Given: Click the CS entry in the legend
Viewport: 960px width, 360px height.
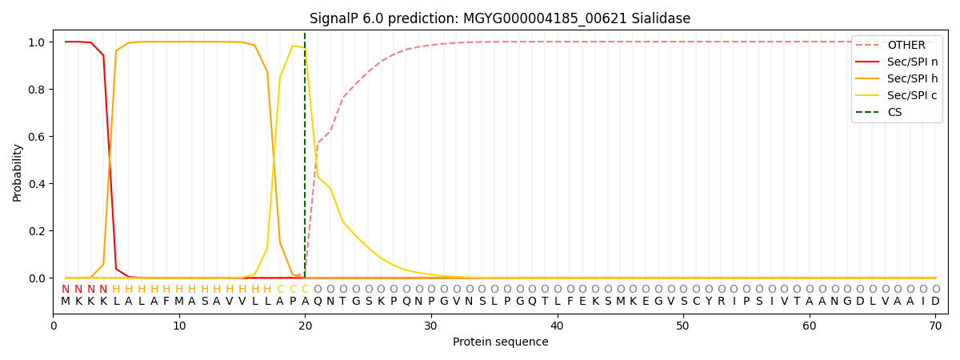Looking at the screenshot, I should (x=894, y=112).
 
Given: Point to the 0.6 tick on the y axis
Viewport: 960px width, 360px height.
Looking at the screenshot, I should (x=36, y=136).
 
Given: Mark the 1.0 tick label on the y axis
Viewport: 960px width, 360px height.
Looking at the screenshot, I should (x=36, y=42).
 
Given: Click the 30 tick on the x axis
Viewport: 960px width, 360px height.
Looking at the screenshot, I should (x=431, y=326).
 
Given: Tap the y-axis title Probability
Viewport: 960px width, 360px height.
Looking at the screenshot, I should (x=18, y=172).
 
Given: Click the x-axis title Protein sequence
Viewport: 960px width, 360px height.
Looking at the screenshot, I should (x=501, y=342).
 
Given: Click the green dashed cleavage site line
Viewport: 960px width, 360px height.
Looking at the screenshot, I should (x=305, y=160).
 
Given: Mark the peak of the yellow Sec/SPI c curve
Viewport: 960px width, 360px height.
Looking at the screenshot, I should (x=293, y=46).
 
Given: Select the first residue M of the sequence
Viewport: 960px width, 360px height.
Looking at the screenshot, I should (x=66, y=302).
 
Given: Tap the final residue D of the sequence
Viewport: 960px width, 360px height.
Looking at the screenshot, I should (x=935, y=302).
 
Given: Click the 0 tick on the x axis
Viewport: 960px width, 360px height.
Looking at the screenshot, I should (x=54, y=326).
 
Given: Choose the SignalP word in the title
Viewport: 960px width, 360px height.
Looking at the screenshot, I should (x=334, y=18).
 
